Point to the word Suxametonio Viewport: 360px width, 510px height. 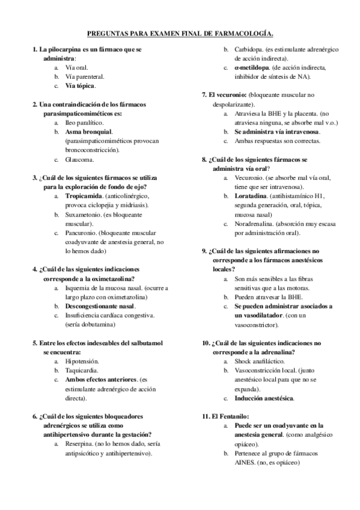(83, 214)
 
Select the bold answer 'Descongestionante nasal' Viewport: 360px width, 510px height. (100, 306)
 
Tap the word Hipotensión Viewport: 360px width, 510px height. (82, 361)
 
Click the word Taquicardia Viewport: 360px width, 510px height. (82, 370)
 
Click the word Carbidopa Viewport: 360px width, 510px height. (249, 49)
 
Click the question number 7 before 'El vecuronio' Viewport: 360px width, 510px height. (204, 95)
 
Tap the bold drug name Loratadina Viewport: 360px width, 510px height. (251, 196)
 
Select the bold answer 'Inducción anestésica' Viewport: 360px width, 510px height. (264, 398)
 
